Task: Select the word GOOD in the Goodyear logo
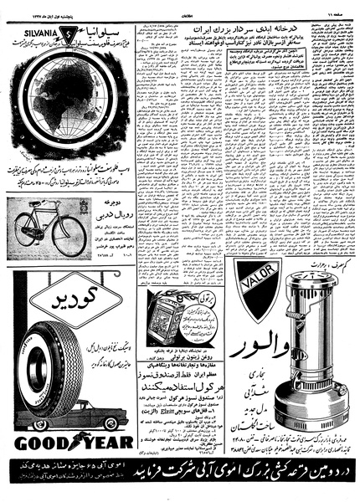coord(37,441)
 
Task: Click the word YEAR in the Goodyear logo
coord(106,441)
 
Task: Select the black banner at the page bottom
coord(180,484)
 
